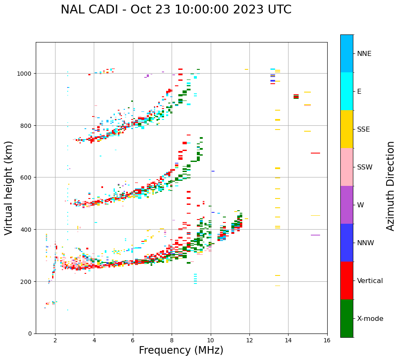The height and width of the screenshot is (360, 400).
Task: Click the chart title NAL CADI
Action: click(176, 10)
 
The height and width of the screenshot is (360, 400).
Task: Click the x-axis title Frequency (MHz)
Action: click(181, 350)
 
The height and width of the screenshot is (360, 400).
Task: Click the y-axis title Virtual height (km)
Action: click(9, 188)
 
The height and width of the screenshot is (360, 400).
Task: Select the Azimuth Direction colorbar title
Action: click(391, 186)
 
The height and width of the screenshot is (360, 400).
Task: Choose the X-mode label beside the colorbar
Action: click(370, 318)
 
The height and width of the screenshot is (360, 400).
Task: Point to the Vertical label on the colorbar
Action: click(370, 281)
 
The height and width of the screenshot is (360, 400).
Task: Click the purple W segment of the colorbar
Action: click(347, 205)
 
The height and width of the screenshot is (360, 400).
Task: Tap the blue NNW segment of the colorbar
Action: click(347, 243)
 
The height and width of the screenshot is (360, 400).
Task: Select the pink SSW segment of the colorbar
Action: click(347, 167)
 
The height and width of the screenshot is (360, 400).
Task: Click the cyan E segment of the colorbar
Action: click(347, 91)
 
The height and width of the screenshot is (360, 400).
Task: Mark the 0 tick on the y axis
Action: click(29, 334)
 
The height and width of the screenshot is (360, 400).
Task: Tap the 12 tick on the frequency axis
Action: click(249, 341)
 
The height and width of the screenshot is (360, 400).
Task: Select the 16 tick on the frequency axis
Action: click(327, 341)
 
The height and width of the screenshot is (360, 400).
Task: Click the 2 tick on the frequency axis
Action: click(55, 341)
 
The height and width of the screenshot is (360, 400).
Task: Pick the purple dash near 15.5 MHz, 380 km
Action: click(315, 235)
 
